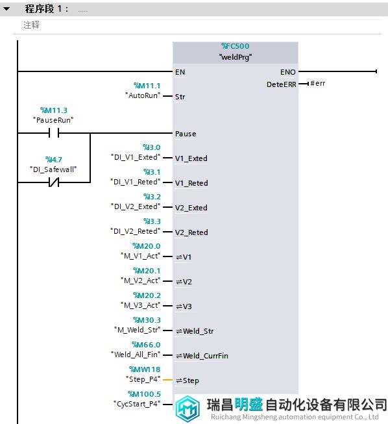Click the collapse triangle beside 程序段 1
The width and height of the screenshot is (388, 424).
[x=6, y=9]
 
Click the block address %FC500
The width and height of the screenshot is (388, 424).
[x=236, y=46]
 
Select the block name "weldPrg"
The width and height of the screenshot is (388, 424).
[x=236, y=57]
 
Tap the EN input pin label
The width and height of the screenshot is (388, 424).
[x=180, y=72]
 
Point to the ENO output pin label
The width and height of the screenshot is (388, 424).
[x=288, y=72]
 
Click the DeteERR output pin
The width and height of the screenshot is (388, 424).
[x=282, y=84]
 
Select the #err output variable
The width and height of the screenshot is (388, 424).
[x=318, y=84]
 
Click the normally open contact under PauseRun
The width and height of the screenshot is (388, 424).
[x=54, y=133]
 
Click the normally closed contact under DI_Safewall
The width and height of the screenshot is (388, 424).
[x=54, y=182]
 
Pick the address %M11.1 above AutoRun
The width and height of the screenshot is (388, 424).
[x=147, y=86]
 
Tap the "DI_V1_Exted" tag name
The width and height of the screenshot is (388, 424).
[x=136, y=157]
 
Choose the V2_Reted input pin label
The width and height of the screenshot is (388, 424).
[x=191, y=232]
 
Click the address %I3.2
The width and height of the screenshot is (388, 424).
[x=152, y=197]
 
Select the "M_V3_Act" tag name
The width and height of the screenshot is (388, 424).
[x=141, y=305]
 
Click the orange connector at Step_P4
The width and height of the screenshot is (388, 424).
[x=168, y=380]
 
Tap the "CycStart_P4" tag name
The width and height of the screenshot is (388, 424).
[x=137, y=404]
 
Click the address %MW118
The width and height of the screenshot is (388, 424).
[x=145, y=369]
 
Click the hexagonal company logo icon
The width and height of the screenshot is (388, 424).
[x=188, y=408]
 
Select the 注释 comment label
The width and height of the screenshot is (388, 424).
[x=31, y=25]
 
